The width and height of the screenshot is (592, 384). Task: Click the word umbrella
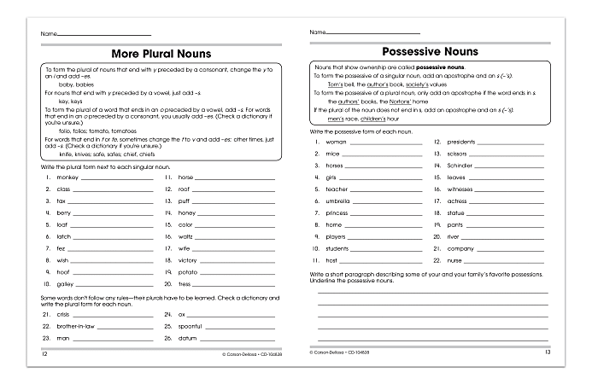point(338,201)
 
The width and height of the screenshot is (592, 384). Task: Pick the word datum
point(187,338)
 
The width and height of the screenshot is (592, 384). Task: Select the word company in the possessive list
point(461,248)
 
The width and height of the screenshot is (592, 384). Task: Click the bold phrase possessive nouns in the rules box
point(441,67)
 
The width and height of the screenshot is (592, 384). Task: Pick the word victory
point(188,260)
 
